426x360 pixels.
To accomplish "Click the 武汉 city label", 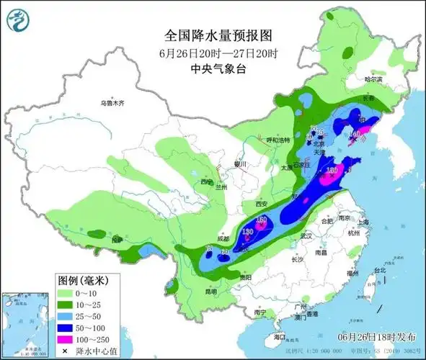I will pos(306,235).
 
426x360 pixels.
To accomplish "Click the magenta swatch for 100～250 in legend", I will pos(67,338).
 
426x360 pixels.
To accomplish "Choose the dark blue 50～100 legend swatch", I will pos(67,327).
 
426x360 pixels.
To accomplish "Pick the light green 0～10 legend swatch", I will pos(67,294).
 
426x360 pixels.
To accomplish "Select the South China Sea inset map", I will pos(25,324).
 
